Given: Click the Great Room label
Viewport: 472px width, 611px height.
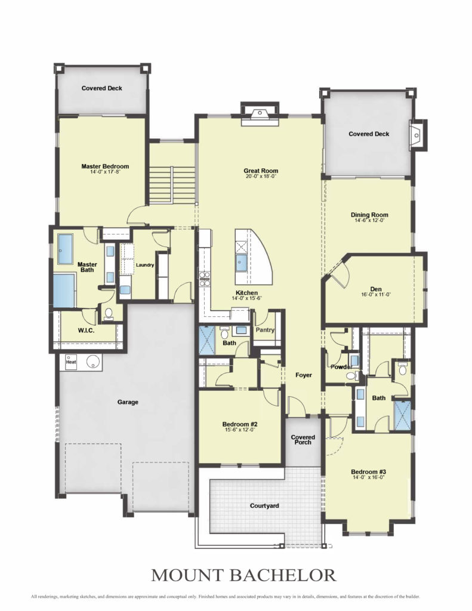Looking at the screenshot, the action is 261,171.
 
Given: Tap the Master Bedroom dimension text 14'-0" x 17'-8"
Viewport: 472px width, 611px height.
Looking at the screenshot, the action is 105,171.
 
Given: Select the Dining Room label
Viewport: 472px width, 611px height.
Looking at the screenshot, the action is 369,215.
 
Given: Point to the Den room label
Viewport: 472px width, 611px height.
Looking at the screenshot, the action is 376,289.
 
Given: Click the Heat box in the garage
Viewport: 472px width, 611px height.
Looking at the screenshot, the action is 71,362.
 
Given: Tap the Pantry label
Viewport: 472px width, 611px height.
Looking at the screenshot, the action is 265,329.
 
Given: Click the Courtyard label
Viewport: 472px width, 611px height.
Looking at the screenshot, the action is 264,506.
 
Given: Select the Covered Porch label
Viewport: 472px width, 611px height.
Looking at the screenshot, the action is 303,440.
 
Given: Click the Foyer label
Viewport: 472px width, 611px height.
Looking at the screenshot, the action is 303,375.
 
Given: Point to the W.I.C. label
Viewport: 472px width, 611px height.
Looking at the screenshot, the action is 86,331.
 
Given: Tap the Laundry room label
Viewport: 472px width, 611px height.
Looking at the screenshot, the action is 144,265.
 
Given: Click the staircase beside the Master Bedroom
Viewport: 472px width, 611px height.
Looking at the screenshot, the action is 172,185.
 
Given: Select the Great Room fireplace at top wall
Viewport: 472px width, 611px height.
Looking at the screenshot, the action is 260,114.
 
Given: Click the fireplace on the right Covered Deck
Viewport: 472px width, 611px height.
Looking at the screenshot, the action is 418,135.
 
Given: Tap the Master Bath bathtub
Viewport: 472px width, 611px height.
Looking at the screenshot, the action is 64,291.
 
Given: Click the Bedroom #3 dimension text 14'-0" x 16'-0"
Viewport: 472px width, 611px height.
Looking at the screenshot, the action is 368,477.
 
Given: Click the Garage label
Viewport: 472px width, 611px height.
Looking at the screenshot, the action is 128,402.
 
